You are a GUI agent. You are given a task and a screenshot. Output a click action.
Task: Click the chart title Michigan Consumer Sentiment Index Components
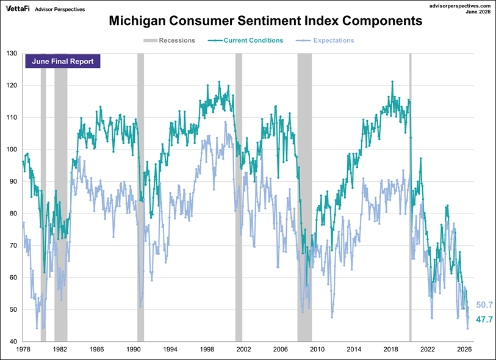[x=265, y=21]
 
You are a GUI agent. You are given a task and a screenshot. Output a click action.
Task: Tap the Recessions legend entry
[x=169, y=40]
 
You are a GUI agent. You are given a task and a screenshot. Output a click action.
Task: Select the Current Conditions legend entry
[x=245, y=40]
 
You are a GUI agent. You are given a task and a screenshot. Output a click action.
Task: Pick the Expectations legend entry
[x=325, y=40]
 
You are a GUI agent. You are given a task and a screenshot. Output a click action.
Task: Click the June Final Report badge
[x=63, y=62]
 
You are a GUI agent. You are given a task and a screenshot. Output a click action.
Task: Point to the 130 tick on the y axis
[x=12, y=54]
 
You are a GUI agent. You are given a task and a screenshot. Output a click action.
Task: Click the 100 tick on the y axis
[x=12, y=149]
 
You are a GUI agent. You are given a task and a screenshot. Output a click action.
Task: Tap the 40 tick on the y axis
[x=13, y=341]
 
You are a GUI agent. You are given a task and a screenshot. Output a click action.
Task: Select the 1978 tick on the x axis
[x=23, y=349]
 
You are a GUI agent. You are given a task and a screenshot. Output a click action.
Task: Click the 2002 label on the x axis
[x=243, y=349]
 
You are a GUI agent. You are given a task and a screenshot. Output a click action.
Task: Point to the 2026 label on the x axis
[x=464, y=349]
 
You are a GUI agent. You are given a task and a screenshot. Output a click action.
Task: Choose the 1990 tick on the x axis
[x=133, y=349]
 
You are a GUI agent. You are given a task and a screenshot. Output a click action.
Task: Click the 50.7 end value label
[x=484, y=305]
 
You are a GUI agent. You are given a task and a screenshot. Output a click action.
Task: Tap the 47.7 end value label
[x=484, y=320]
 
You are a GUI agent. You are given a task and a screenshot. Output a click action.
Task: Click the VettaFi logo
[x=18, y=9]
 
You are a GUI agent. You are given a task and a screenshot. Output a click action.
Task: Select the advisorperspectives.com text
[x=460, y=6]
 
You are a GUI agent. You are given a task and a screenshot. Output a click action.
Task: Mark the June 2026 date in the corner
[x=478, y=12]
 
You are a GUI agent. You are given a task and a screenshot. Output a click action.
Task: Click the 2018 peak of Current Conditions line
[x=392, y=82]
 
